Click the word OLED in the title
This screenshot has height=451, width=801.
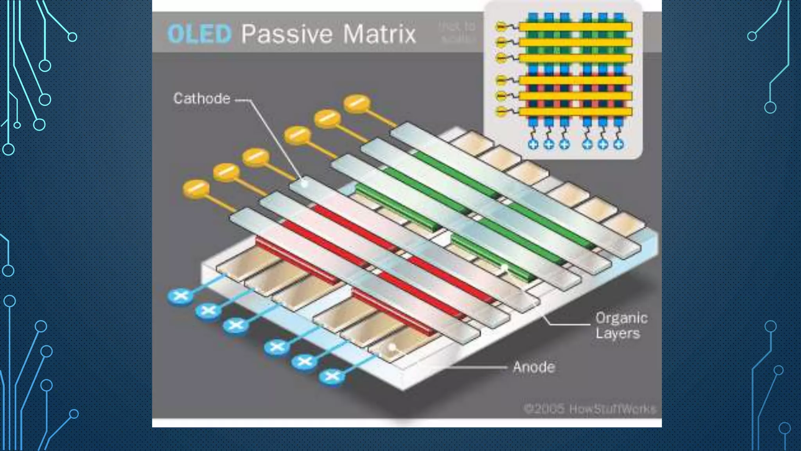coord(199,34)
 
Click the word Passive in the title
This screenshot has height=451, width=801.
coord(286,34)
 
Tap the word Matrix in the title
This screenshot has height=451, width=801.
coord(379,34)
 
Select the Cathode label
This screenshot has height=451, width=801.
coord(202,99)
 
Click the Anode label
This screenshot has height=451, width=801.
coord(534,367)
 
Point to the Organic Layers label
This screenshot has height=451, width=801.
coord(621,326)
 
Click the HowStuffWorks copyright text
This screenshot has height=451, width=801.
coord(590,409)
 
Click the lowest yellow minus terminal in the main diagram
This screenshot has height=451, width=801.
coord(196,188)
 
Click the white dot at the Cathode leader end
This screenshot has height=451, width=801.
coord(304,183)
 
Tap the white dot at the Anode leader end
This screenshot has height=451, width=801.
coord(392,347)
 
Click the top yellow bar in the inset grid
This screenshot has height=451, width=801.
coord(575,27)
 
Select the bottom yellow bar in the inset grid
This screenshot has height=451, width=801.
coord(575,112)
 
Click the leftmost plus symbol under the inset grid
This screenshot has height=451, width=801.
coord(533,144)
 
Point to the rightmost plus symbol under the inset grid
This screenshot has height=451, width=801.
coord(618,144)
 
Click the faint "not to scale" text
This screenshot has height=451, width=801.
coord(458,32)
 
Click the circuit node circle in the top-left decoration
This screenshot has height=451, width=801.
coord(72,37)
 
